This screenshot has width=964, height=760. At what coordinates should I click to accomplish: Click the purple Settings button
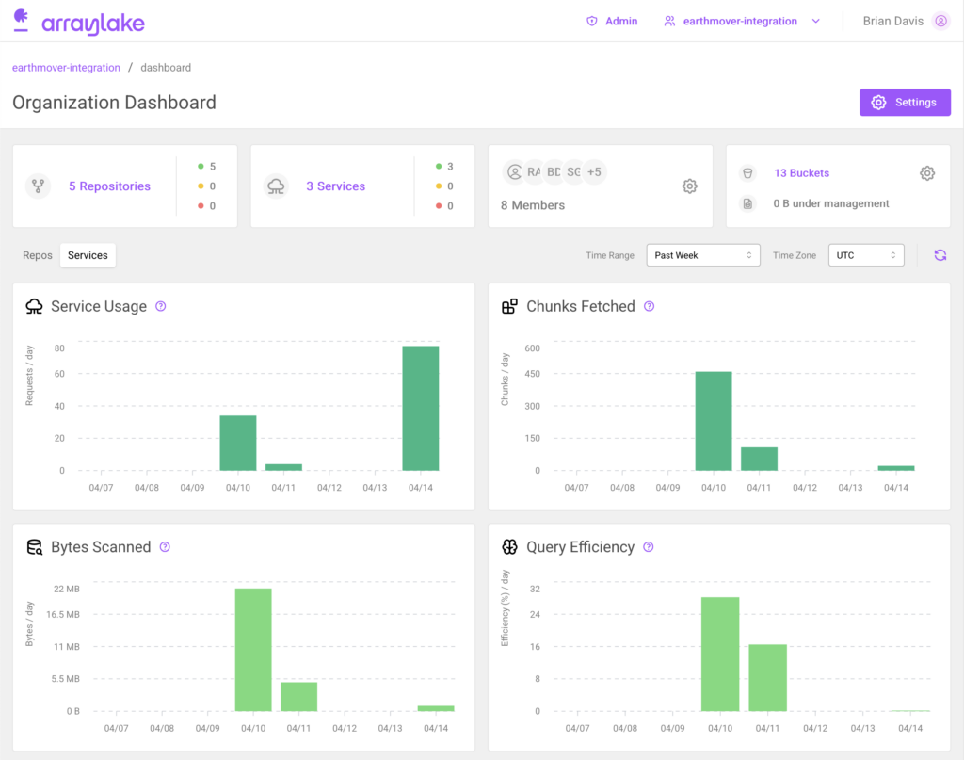pyautogui.click(x=905, y=103)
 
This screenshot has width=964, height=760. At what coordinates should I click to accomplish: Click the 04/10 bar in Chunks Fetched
pyautogui.click(x=714, y=421)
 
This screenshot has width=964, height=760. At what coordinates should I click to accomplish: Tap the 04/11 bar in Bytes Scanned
pyautogui.click(x=299, y=696)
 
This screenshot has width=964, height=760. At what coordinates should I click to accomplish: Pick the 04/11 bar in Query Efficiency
pyautogui.click(x=768, y=677)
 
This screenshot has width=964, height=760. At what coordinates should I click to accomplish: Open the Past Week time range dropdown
pyautogui.click(x=702, y=255)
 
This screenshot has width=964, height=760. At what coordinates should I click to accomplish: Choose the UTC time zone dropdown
pyautogui.click(x=865, y=255)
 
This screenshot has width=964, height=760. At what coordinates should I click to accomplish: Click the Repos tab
pyautogui.click(x=38, y=255)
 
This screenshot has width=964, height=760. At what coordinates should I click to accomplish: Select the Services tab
pyautogui.click(x=88, y=255)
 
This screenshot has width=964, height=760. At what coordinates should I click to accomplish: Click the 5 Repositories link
pyautogui.click(x=109, y=186)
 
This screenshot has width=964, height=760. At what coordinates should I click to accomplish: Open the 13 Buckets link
pyautogui.click(x=801, y=173)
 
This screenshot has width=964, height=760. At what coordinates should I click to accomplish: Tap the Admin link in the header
pyautogui.click(x=620, y=21)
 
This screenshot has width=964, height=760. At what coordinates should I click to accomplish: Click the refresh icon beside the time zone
pyautogui.click(x=940, y=255)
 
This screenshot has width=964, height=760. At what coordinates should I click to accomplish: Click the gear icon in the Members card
pyautogui.click(x=689, y=186)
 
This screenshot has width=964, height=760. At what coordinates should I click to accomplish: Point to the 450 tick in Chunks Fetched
pyautogui.click(x=533, y=373)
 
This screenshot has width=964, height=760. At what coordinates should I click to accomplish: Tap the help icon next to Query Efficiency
pyautogui.click(x=648, y=547)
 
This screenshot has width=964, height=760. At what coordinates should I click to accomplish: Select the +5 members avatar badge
pyautogui.click(x=594, y=172)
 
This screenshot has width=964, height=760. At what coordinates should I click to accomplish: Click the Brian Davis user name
pyautogui.click(x=892, y=21)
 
